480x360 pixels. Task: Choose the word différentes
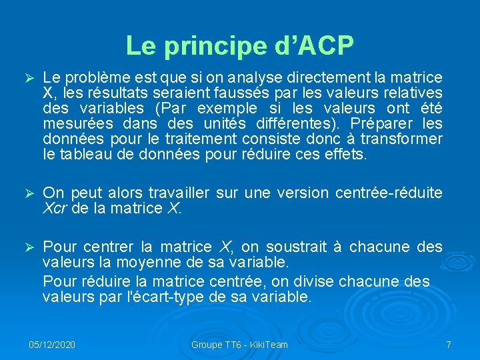click(296, 123)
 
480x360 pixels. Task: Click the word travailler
click(174, 193)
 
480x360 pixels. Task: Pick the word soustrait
click(293, 247)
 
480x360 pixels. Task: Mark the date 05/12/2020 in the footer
click(52, 345)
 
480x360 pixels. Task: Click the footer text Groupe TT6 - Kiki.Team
click(239, 345)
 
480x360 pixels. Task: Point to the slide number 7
click(449, 345)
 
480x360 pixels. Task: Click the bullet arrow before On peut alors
click(29, 193)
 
